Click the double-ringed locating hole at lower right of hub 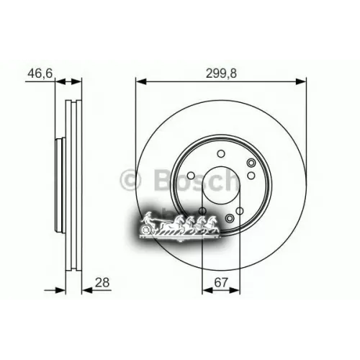[230, 219]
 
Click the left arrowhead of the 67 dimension [206, 290]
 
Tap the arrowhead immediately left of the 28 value [81, 290]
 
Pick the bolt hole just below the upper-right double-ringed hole [251, 177]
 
